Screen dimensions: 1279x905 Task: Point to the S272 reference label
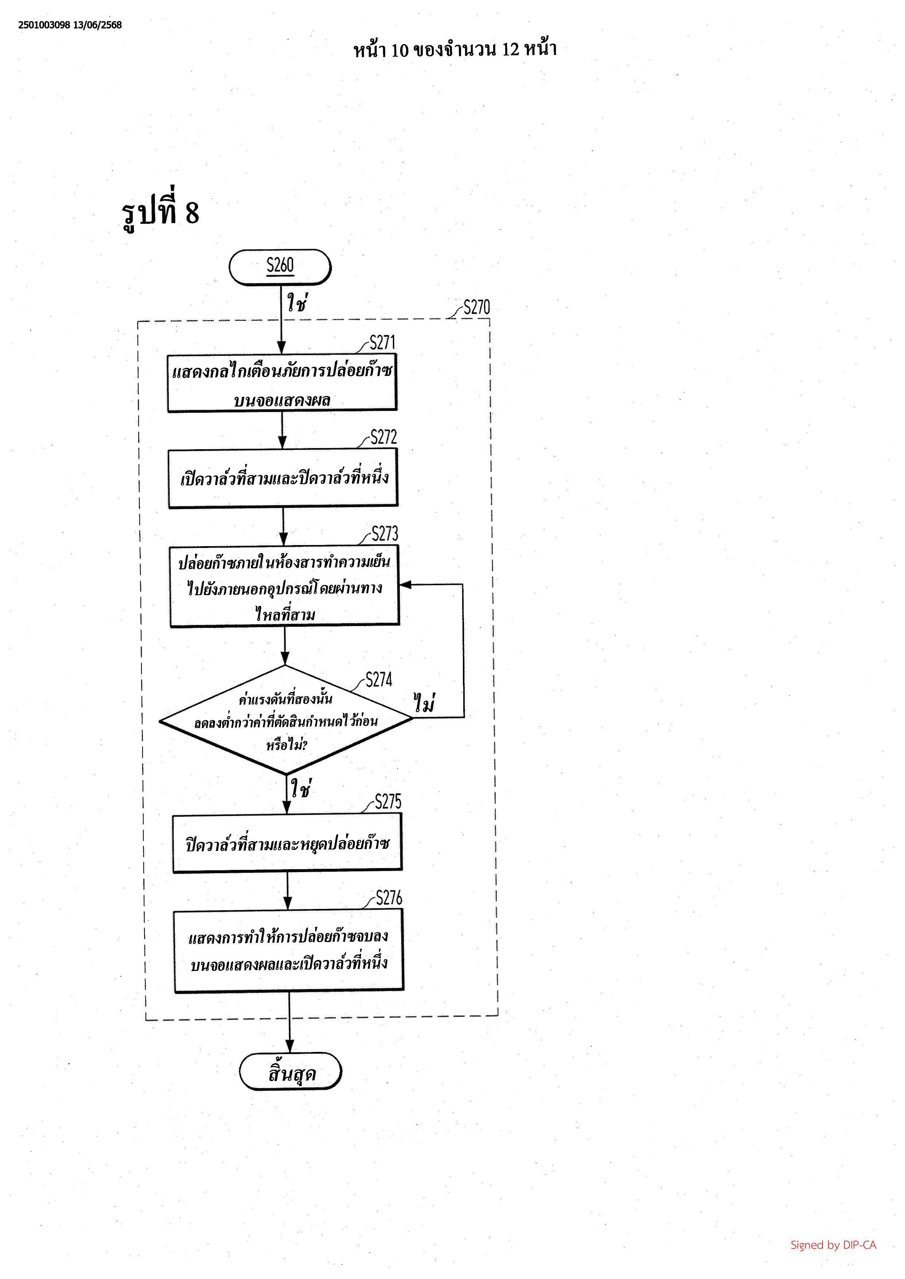click(384, 437)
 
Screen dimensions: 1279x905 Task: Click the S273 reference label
click(385, 534)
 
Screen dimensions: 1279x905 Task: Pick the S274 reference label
click(379, 680)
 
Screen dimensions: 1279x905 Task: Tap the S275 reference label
click(388, 802)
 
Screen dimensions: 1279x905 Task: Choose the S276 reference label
click(389, 898)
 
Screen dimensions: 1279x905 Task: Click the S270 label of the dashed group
click(477, 307)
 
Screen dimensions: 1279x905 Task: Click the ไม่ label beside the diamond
click(425, 703)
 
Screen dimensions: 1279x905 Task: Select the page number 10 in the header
click(399, 50)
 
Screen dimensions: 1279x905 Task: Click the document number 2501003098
click(44, 25)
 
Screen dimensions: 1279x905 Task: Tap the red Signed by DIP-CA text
click(833, 1245)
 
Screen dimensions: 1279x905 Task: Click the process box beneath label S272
click(283, 478)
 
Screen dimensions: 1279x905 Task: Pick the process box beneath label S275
click(287, 843)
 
